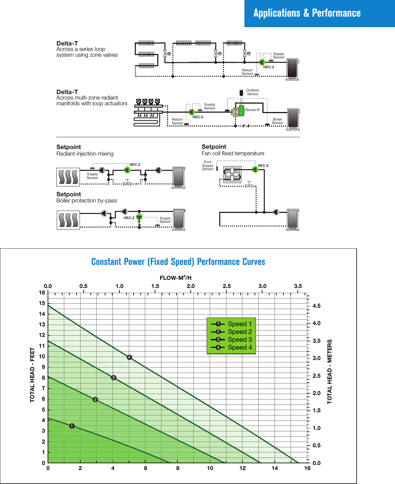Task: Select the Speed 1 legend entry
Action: (x=239, y=324)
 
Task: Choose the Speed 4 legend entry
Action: (x=239, y=347)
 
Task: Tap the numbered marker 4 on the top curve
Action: (x=130, y=357)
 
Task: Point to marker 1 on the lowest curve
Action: (x=72, y=426)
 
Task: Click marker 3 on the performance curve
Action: (x=114, y=377)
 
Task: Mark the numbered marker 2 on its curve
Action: (x=95, y=399)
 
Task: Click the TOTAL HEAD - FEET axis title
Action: (x=32, y=375)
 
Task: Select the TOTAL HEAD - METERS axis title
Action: (x=329, y=372)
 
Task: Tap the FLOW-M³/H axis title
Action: (x=175, y=278)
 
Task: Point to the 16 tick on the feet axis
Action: (x=42, y=292)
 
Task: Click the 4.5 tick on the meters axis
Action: (x=316, y=306)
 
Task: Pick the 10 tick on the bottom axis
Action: (x=210, y=468)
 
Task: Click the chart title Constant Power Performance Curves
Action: (x=178, y=262)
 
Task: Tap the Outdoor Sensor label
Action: (x=253, y=92)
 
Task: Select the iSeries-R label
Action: (x=253, y=110)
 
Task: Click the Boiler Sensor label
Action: (x=277, y=121)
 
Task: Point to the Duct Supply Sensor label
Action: (x=208, y=165)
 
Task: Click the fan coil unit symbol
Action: (x=232, y=175)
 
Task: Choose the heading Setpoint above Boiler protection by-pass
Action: (x=69, y=194)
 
